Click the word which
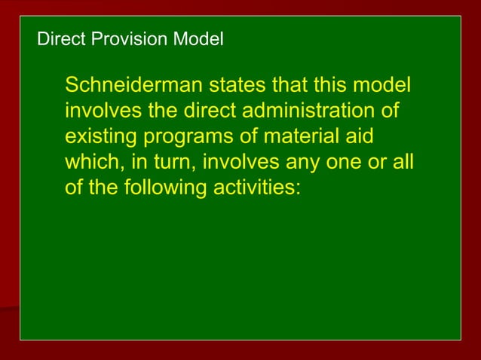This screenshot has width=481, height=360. pos(88,162)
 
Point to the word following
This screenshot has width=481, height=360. pos(157,188)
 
